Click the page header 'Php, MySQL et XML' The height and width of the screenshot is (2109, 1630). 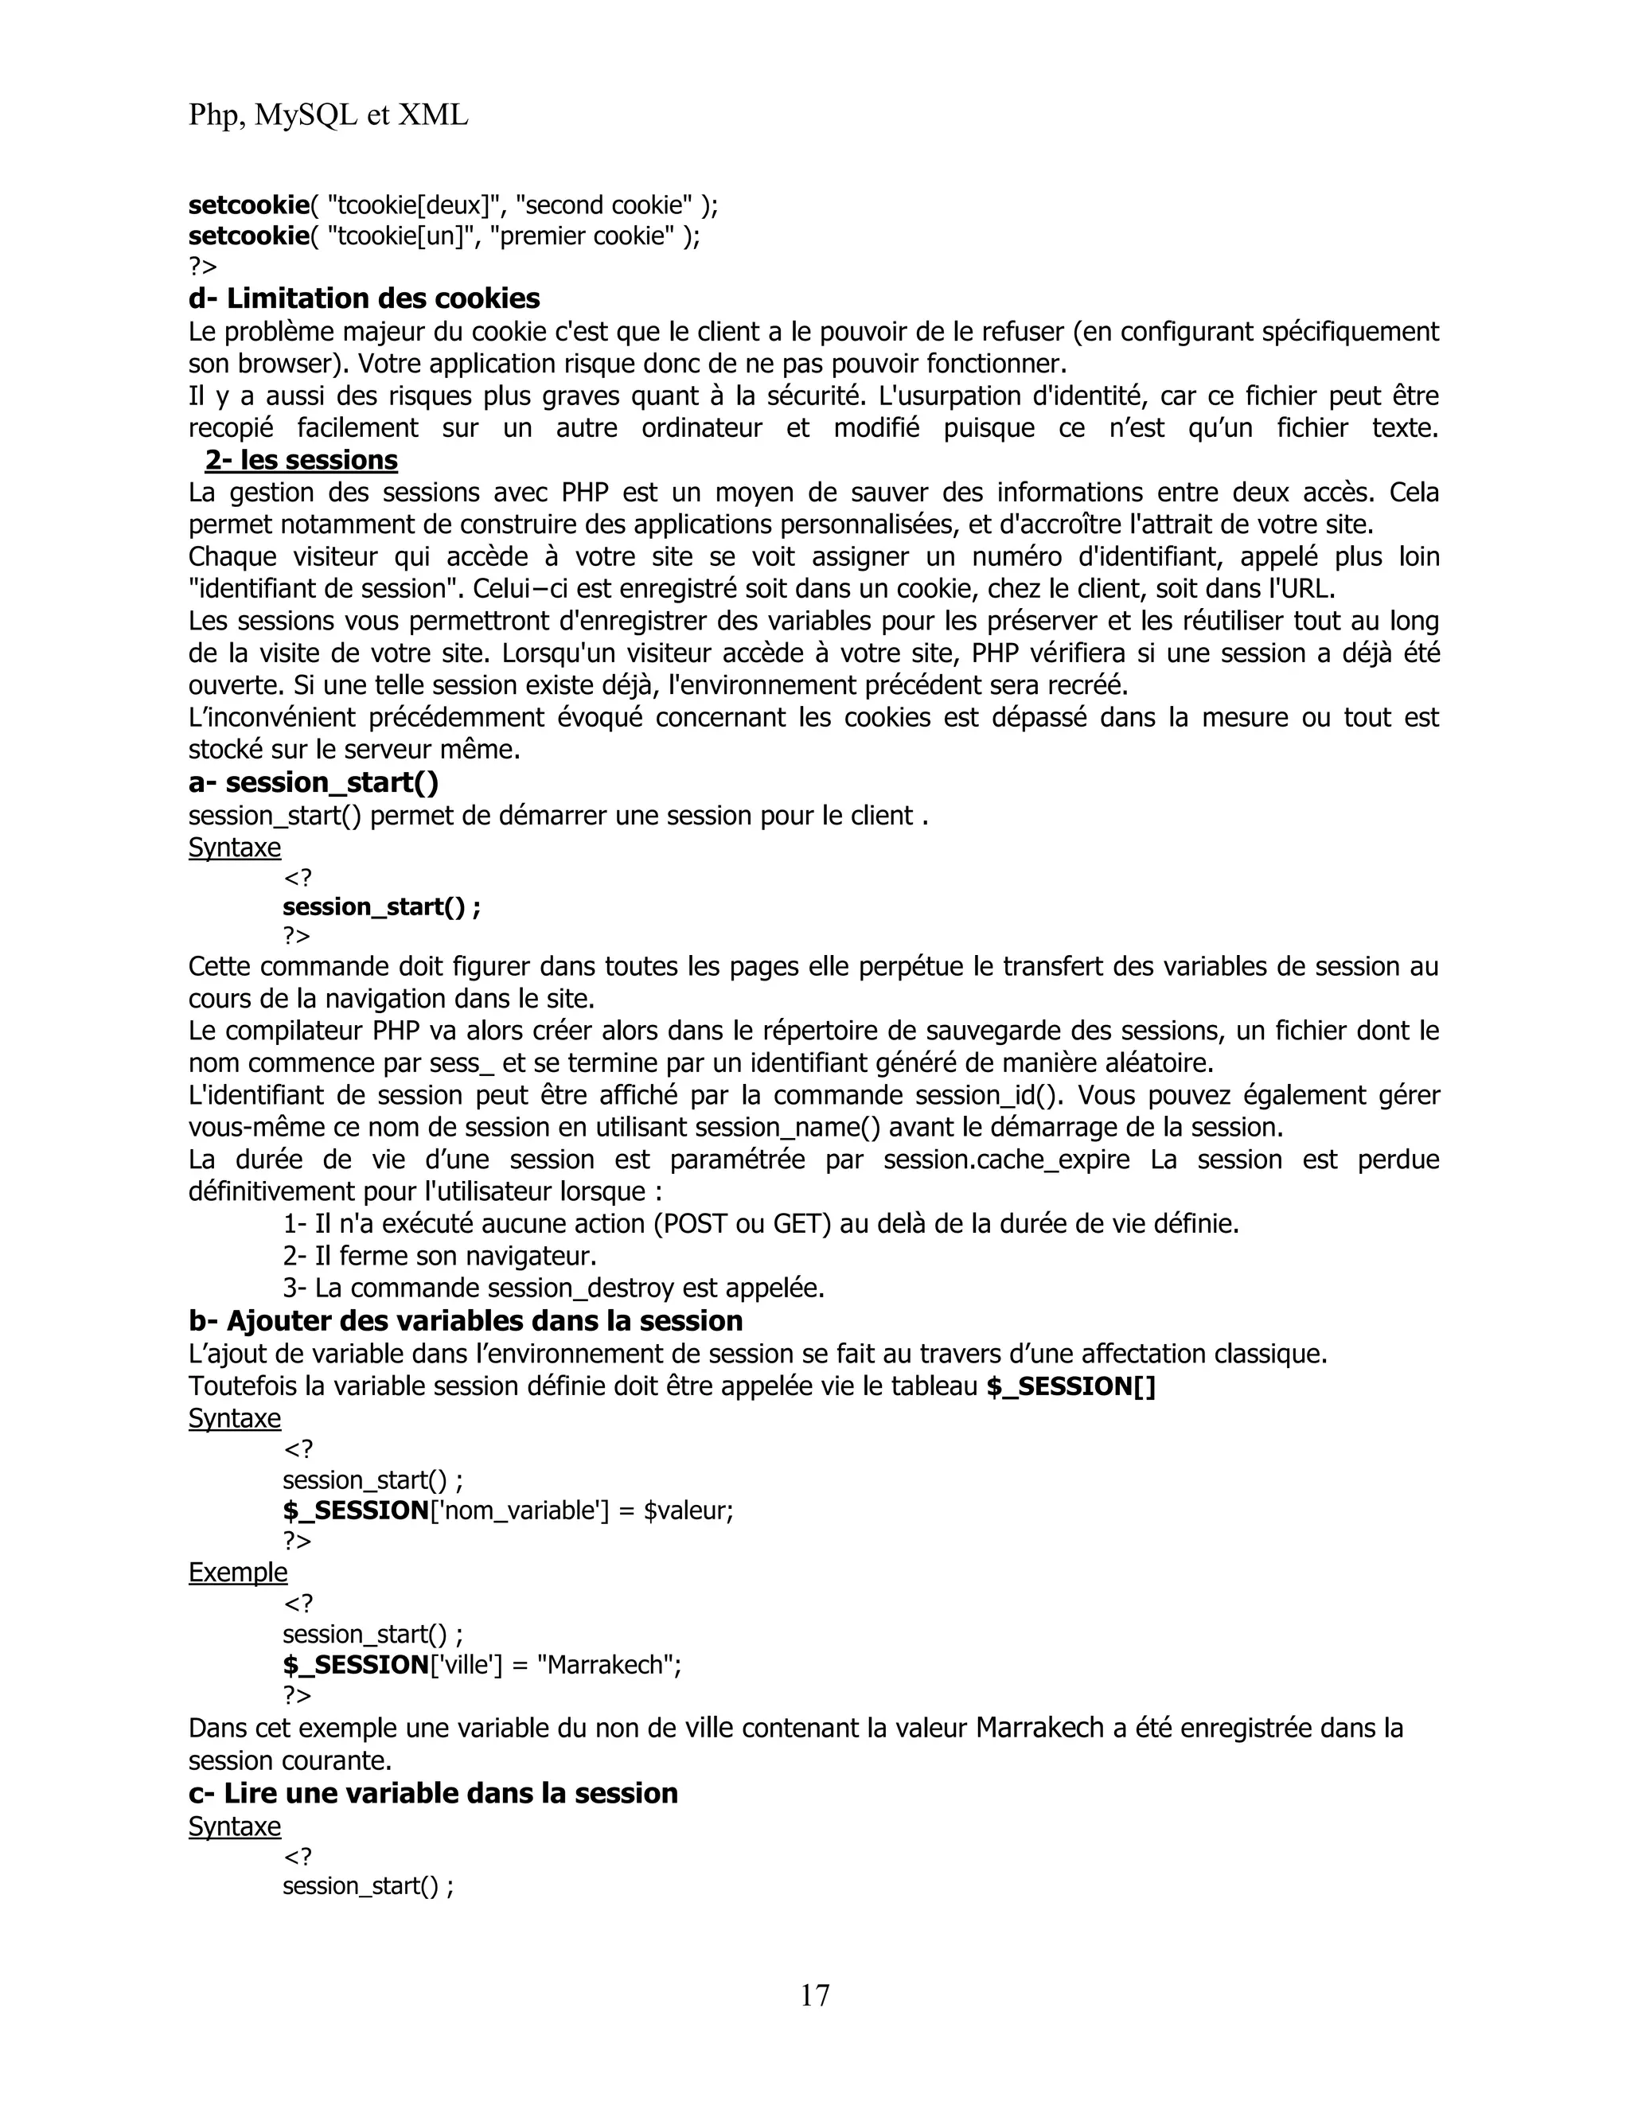(x=329, y=116)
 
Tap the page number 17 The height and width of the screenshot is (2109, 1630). (x=814, y=1994)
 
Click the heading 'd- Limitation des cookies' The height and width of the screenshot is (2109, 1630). (x=364, y=298)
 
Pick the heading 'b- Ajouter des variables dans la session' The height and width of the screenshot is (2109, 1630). (x=466, y=1321)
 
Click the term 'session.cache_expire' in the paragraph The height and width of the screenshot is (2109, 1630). (x=1006, y=1160)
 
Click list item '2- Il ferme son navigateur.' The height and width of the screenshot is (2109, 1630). (x=439, y=1257)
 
